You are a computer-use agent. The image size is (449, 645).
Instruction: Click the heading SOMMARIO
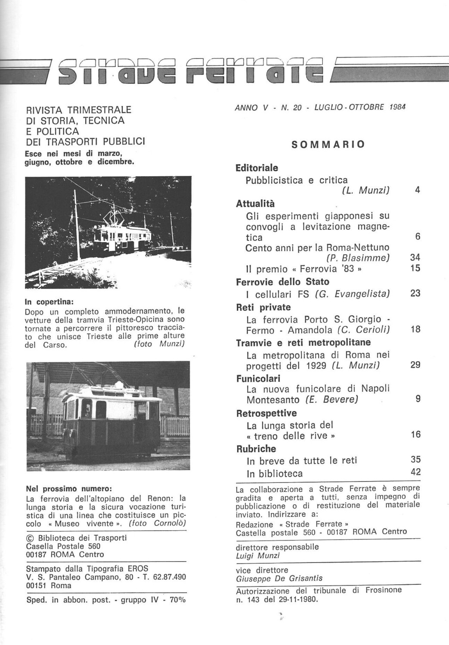coord(328,144)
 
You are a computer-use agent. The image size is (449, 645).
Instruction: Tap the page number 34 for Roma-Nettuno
coord(415,258)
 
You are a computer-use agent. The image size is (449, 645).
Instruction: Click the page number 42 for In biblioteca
coord(415,472)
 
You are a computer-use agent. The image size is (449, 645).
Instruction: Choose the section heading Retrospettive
coord(266,413)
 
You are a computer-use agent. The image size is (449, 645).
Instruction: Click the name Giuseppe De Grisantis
coord(279,578)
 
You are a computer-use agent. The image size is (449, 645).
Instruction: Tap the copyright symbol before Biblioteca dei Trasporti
coord(30,538)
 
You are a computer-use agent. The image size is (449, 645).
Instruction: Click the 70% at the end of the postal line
coord(177,600)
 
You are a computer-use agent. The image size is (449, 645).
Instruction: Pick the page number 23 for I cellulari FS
coord(415,294)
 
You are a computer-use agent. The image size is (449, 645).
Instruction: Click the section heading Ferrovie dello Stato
coord(282,282)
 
